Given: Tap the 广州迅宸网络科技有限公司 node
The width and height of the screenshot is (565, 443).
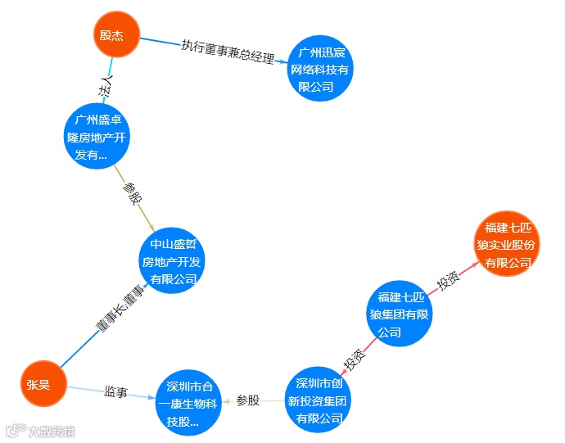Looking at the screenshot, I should click(320, 70).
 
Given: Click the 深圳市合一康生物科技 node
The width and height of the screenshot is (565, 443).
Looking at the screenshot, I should click(189, 403).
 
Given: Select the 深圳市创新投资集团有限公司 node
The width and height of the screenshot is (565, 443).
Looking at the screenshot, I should click(319, 400).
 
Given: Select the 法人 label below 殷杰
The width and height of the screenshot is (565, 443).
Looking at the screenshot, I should click(105, 88).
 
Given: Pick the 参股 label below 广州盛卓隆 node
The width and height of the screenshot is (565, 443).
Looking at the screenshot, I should click(132, 195).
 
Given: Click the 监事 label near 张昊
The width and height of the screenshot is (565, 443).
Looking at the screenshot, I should click(115, 392).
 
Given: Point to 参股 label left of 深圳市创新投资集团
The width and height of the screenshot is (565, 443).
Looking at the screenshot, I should click(247, 400).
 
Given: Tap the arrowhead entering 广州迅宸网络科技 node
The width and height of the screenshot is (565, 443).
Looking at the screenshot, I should click(284, 61).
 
